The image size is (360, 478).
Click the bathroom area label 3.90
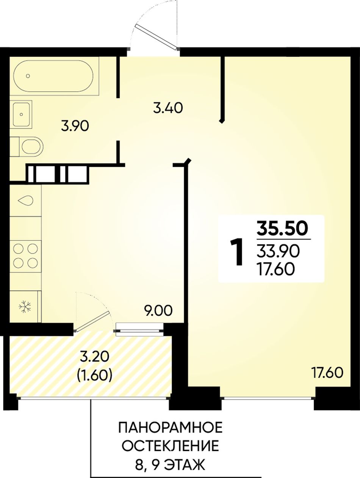[x=75, y=126]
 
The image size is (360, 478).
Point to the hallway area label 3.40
[x=167, y=108]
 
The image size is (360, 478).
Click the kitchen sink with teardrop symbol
[x=26, y=201]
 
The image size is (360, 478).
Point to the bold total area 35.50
[x=283, y=229]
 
